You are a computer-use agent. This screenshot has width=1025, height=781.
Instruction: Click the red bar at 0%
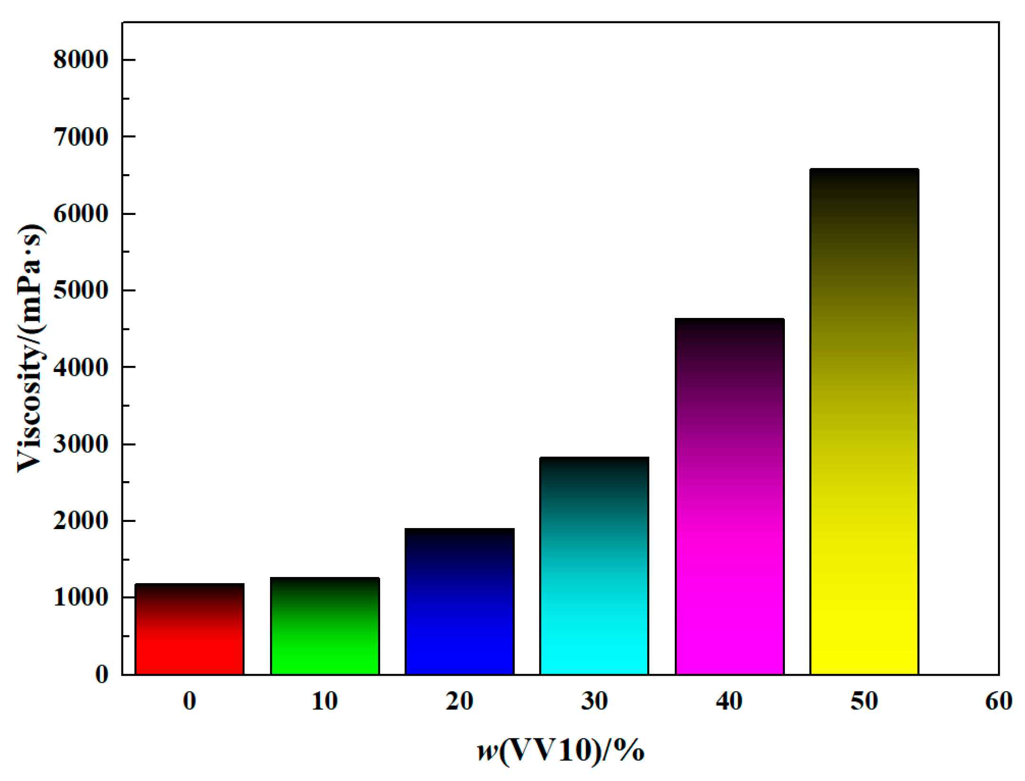pos(189,629)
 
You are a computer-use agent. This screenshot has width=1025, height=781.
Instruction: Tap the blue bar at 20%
pos(459,601)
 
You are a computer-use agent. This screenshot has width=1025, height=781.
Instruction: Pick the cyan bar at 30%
pos(594,566)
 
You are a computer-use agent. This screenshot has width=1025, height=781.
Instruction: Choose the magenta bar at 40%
pos(729,496)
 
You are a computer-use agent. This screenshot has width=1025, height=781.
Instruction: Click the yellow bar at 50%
pos(864,421)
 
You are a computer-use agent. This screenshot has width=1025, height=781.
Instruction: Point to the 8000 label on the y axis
pos(81,60)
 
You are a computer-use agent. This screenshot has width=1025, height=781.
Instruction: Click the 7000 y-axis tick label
pos(81,137)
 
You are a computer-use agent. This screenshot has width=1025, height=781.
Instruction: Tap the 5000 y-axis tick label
pos(81,290)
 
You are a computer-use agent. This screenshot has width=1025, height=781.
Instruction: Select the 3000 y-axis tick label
pos(81,444)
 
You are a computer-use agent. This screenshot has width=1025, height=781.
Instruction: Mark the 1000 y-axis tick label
pos(81,597)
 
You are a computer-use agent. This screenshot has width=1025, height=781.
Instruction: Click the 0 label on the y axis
pos(102,674)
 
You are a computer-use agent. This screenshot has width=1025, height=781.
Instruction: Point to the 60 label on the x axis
pos(998,701)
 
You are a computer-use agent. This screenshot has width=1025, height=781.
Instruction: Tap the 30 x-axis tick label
pos(594,701)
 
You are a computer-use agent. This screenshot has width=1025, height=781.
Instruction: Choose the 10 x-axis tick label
pos(325,701)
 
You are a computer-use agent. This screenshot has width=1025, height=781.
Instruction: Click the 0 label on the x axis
pos(189,701)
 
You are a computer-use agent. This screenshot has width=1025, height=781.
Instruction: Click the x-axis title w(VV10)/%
pos(560,751)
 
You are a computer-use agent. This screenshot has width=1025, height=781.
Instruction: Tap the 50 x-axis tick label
pos(864,701)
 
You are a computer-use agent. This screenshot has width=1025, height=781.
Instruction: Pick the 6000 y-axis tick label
pos(81,214)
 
